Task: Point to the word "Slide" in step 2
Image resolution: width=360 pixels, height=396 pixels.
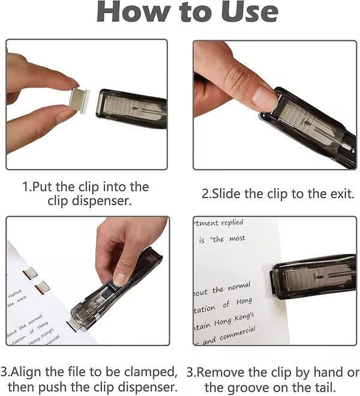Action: click(x=227, y=194)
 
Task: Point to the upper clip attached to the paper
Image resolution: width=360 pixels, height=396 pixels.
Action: click(x=30, y=274)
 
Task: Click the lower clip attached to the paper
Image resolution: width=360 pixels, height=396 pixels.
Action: click(x=43, y=287)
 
